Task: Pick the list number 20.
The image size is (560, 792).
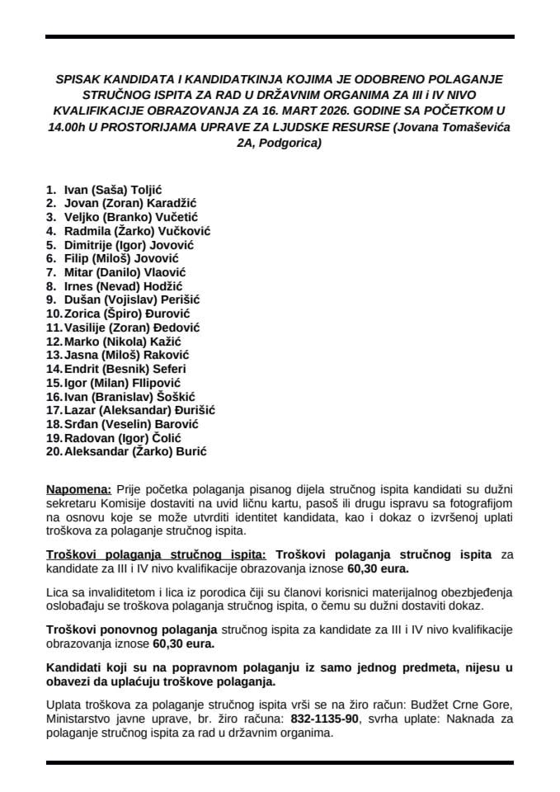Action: (x=54, y=451)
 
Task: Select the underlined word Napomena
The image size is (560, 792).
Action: (x=80, y=488)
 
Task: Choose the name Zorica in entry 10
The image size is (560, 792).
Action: (x=83, y=313)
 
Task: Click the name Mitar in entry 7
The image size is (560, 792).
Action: (x=80, y=272)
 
